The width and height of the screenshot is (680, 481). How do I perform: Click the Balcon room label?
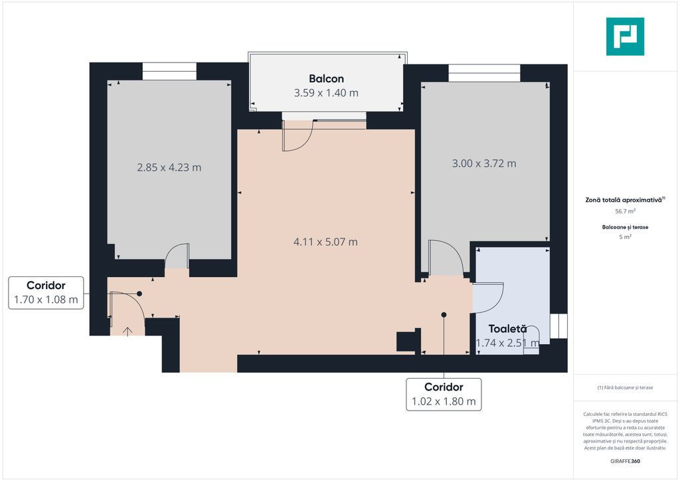[x=326, y=78]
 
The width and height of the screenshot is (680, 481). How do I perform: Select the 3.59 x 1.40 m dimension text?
[x=326, y=93]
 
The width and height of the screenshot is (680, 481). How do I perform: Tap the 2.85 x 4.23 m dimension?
[x=169, y=167]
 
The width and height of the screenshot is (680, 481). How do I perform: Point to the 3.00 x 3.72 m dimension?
[x=484, y=163]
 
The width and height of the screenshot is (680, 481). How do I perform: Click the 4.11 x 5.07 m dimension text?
[x=325, y=242]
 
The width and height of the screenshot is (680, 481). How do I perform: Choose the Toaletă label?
[x=507, y=329]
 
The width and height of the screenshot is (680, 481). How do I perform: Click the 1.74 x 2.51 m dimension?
[x=507, y=343]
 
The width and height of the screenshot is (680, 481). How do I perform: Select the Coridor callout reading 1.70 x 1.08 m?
[x=46, y=293]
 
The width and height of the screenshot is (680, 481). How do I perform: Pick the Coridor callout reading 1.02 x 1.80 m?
[x=444, y=394]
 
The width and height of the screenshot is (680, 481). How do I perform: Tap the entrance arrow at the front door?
[x=127, y=332]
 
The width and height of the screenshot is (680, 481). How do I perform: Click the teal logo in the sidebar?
[x=625, y=37]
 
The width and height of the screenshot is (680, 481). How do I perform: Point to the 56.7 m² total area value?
[x=625, y=211]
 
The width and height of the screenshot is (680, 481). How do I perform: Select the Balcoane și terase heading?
[x=625, y=227]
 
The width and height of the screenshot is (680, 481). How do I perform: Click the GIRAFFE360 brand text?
[x=625, y=461]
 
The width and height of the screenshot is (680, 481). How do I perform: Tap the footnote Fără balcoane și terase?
[x=625, y=387]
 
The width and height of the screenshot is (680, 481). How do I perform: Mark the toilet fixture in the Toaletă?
[x=531, y=340]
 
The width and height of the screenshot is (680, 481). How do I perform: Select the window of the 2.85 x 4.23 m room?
[x=169, y=71]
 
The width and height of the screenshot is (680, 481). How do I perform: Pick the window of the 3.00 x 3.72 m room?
[x=484, y=73]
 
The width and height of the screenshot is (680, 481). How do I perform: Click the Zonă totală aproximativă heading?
[x=625, y=200]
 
